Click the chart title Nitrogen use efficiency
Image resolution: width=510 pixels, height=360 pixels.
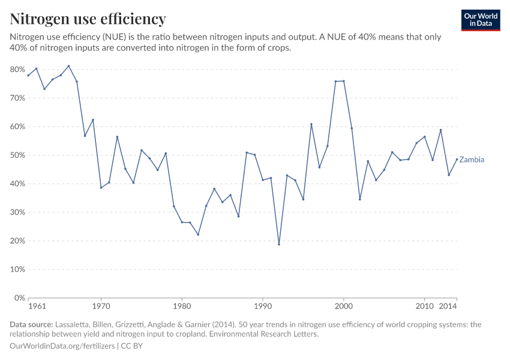click(88, 19)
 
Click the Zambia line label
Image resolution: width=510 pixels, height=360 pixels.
click(472, 160)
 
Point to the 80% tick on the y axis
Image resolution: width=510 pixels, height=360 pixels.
click(18, 70)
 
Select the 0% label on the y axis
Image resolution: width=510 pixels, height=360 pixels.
click(20, 298)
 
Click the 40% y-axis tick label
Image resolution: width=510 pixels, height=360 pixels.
click(18, 184)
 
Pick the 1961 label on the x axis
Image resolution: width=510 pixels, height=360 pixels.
click(37, 307)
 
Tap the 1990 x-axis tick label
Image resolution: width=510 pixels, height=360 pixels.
click(263, 307)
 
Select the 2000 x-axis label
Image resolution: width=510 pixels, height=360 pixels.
click(344, 307)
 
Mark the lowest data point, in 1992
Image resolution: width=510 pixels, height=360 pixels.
click(279, 244)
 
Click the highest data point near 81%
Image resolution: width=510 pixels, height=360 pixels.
click(68, 66)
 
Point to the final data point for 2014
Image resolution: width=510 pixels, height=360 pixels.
click(457, 159)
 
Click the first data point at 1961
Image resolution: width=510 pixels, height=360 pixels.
click(28, 75)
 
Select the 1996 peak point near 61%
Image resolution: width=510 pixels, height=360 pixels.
click(311, 124)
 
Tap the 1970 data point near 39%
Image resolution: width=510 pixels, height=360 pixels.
click(101, 188)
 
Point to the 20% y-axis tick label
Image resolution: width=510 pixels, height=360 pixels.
click(18, 241)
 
